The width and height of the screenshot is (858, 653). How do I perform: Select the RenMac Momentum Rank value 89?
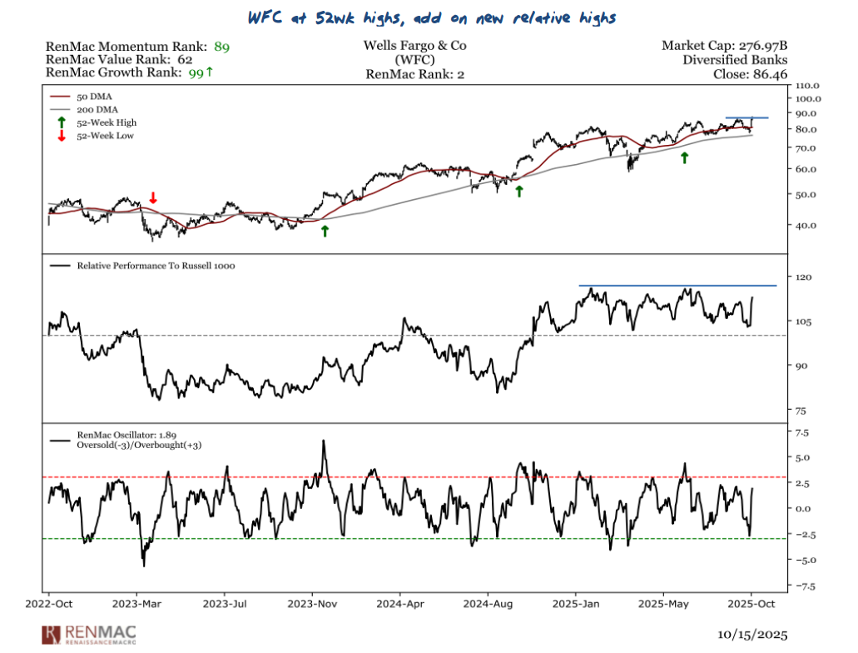pyautogui.click(x=222, y=46)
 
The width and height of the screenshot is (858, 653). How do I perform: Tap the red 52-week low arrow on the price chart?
pyautogui.click(x=153, y=197)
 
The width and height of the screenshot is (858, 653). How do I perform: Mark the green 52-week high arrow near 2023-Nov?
pyautogui.click(x=325, y=231)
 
